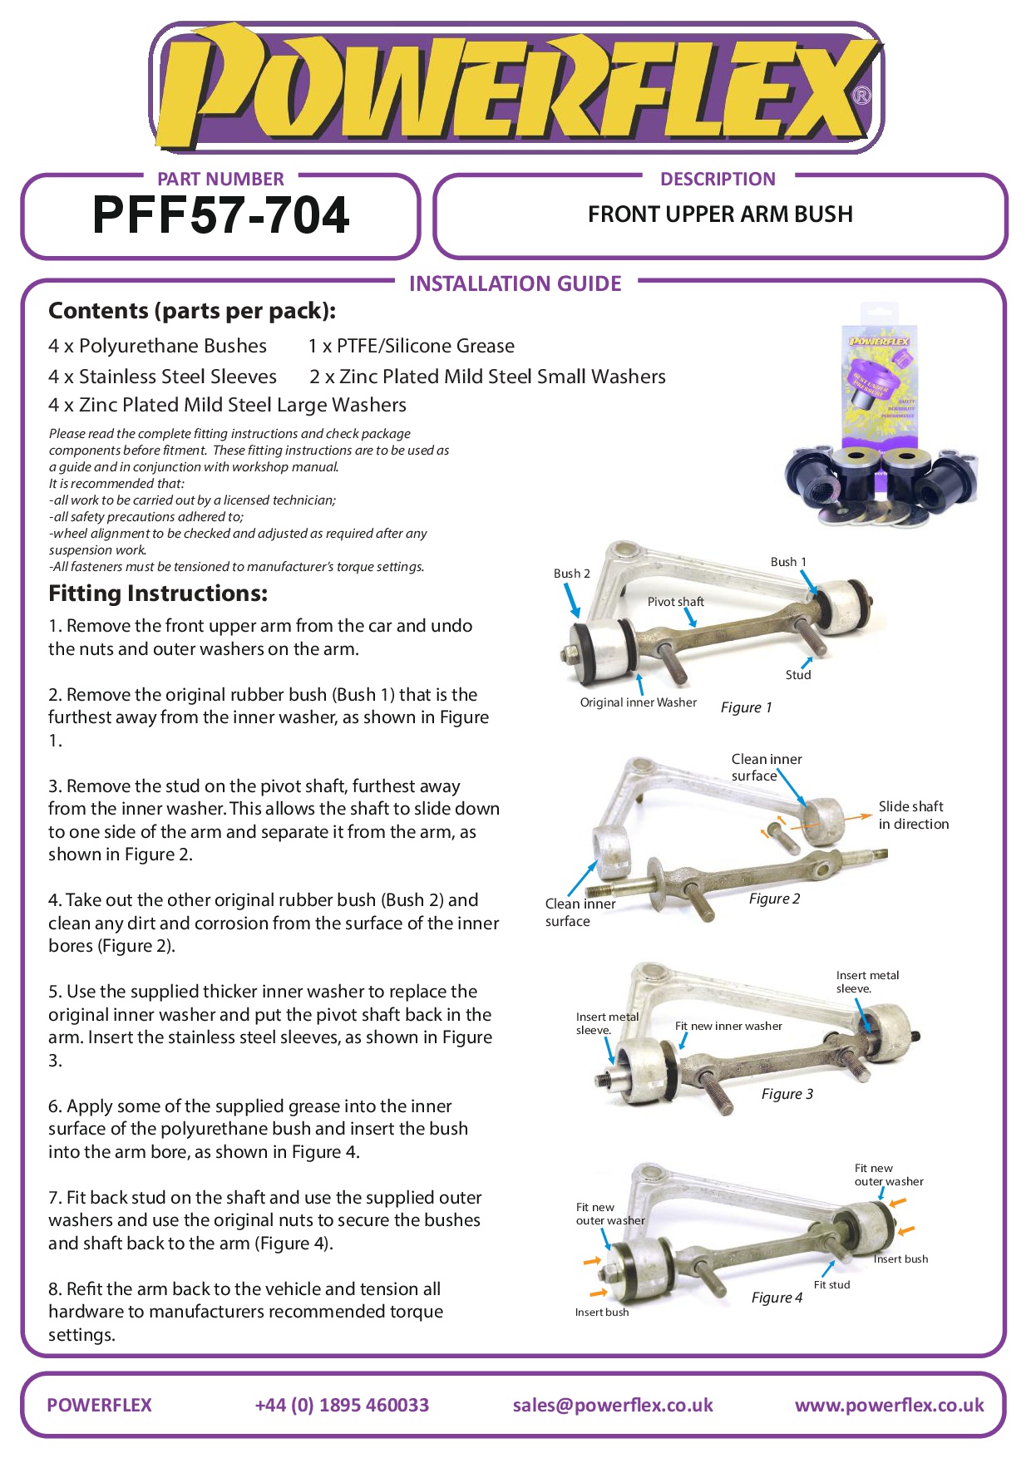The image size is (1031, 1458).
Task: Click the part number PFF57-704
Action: (x=220, y=215)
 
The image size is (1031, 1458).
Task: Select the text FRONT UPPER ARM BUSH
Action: (x=720, y=214)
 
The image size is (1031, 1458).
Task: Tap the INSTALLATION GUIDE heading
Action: (x=515, y=284)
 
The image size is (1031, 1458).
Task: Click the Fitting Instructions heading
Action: (x=158, y=594)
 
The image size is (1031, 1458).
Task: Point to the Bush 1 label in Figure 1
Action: (x=787, y=562)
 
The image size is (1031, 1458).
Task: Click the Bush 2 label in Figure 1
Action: (x=571, y=574)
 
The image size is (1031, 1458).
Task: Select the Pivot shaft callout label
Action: (x=675, y=602)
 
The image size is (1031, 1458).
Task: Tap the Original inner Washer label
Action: (x=638, y=702)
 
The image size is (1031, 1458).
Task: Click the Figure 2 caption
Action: (x=774, y=899)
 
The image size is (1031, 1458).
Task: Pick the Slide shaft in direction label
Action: (x=913, y=815)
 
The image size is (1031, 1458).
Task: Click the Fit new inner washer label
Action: (x=728, y=1026)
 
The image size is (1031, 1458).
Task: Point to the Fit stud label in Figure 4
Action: (x=831, y=1284)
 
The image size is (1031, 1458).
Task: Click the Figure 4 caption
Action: (x=777, y=1298)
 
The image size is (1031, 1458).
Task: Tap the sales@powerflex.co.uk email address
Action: (x=613, y=1405)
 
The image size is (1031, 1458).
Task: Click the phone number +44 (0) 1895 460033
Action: (x=342, y=1405)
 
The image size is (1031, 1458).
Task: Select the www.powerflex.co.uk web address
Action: (x=889, y=1405)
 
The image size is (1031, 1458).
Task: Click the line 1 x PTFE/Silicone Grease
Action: (x=411, y=346)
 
